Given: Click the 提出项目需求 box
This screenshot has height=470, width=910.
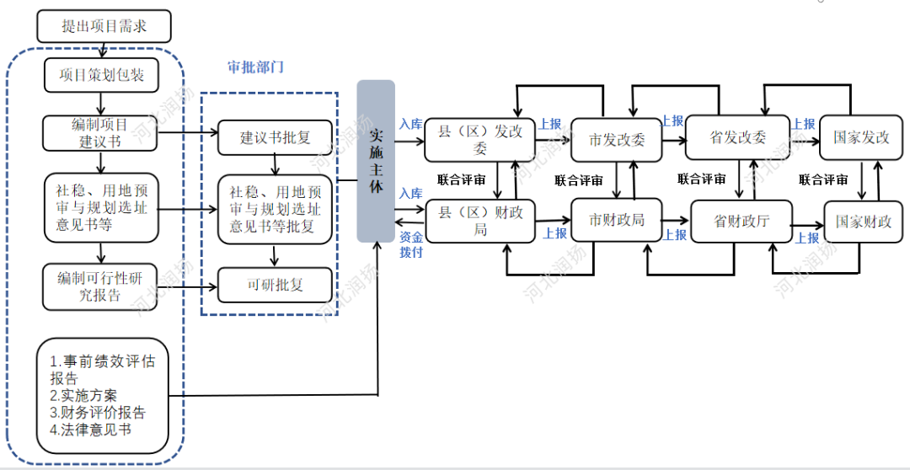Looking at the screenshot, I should point(104,26).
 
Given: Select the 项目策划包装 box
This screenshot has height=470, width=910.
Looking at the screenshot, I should point(102,75).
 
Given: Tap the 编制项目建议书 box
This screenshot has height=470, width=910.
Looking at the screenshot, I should point(100,133).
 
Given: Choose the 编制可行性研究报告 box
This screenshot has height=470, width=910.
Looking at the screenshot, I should point(100,286).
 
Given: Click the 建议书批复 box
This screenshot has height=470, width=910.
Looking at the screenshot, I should point(276,137).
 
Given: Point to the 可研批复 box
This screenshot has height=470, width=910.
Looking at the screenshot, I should point(276,285).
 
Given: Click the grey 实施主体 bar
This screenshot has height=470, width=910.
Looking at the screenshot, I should point(376,161).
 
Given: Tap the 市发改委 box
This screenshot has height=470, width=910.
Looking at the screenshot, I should point(617,140).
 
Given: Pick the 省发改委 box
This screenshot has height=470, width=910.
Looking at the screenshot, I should point(738,137).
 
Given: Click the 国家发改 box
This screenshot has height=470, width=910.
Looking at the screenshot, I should point(862,137).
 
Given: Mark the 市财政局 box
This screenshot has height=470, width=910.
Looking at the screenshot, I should point(617,220).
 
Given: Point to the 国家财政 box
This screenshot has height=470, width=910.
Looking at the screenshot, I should point(864,222).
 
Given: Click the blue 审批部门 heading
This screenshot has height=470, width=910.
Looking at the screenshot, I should point(255,67).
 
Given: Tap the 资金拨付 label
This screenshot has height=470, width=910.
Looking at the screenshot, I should point(412,244).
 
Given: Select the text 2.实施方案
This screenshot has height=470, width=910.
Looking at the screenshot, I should point(83,395).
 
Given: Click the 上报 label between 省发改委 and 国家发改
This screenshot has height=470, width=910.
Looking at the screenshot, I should point(804,124).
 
